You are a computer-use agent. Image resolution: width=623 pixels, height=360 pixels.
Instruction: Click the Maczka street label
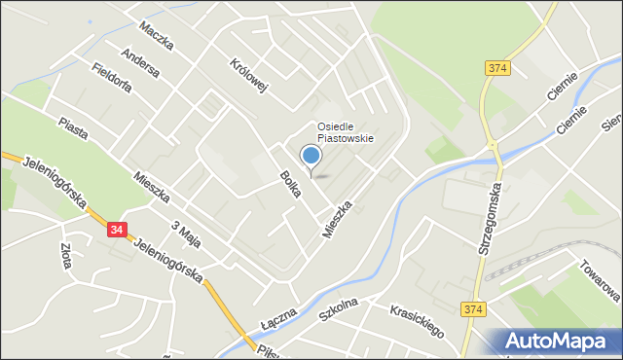pyautogui.click(x=156, y=36)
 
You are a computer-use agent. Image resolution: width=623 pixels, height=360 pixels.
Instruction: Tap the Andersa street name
pyautogui.click(x=141, y=63)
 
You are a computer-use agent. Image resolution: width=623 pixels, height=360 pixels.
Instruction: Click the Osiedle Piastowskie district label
pyautogui.click(x=345, y=132)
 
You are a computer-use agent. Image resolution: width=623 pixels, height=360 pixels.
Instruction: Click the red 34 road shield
pyautogui.click(x=118, y=230)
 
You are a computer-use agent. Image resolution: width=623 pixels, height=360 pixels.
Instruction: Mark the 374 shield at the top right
pyautogui.click(x=497, y=67)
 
